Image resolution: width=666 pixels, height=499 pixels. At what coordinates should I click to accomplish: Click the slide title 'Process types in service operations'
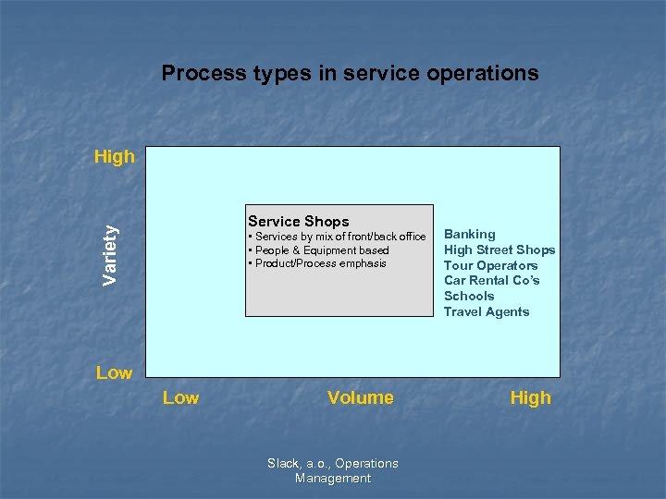coord(350,73)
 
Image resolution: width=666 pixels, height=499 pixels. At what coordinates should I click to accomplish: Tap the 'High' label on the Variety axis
coord(114,156)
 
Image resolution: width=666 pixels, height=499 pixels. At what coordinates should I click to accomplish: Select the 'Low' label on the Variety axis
coord(114,372)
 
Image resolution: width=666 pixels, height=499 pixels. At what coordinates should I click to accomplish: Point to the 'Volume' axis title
coord(360,397)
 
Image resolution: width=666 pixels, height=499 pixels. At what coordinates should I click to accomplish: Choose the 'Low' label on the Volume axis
coord(180,397)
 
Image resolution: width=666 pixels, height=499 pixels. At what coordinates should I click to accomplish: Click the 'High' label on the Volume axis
coord(530,397)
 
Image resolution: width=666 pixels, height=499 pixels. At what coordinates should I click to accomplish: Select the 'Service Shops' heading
coord(298,221)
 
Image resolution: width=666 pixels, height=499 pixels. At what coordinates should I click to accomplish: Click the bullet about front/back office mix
coord(339,237)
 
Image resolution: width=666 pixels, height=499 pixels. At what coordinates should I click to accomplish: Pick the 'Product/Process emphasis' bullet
coord(318,263)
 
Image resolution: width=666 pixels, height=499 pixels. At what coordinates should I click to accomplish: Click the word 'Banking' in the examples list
coord(469,235)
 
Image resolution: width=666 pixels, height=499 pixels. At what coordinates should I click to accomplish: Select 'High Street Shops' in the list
coord(499,249)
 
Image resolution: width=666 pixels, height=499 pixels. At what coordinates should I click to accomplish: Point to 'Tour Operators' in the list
coord(490,265)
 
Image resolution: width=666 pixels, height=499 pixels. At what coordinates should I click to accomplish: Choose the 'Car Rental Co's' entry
coord(491,280)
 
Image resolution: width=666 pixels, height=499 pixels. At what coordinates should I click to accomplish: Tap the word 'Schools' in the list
coord(469,296)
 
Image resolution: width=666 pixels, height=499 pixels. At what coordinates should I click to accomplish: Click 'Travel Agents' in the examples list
coord(487,311)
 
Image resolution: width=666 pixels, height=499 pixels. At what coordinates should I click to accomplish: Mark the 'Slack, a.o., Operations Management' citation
coord(333,470)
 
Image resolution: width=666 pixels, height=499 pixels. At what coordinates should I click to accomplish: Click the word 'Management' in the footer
coord(333,479)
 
